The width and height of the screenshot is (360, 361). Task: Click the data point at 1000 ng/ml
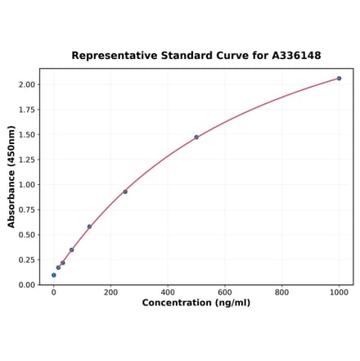[339, 79]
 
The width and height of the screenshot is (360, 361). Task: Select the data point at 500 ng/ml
[196, 137]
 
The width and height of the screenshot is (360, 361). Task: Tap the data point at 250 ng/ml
[125, 192]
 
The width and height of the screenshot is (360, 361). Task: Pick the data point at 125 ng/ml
[89, 227]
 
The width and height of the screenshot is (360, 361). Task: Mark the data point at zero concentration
[54, 275]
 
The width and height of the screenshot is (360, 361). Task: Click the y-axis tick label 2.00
[26, 84]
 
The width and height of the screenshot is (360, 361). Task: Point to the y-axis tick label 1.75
[26, 110]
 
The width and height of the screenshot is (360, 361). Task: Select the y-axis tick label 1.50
[26, 134]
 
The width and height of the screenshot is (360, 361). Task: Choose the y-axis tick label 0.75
[26, 210]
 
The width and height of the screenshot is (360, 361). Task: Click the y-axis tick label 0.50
[26, 235]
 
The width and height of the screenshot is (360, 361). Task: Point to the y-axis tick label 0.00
[26, 285]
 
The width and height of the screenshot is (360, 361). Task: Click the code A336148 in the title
[291, 56]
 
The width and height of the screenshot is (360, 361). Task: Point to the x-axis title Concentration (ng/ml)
[196, 303]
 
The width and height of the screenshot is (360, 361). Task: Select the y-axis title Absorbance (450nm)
[11, 176]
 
